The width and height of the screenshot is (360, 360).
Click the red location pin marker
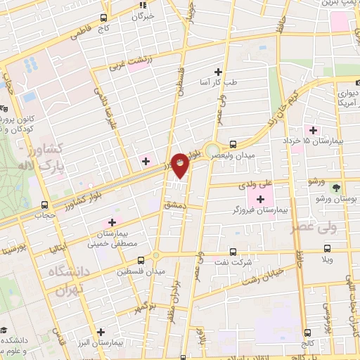(181, 166)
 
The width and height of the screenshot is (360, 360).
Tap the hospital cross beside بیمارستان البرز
(101, 332)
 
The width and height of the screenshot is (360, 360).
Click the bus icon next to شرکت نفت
(233, 252)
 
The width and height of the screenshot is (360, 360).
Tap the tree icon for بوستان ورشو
(336, 188)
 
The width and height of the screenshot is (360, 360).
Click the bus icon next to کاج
(104, 18)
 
